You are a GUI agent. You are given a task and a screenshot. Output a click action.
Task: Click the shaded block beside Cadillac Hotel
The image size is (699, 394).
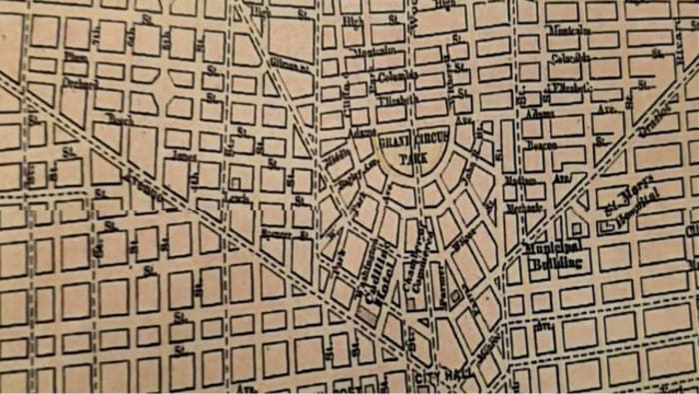coord(369,313)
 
